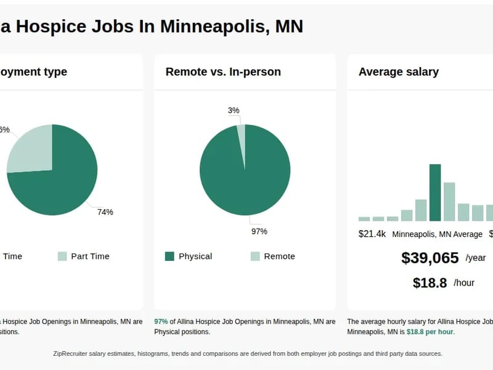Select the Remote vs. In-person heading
pyautogui.click(x=223, y=72)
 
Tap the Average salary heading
pyautogui.click(x=399, y=72)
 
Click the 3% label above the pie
pyautogui.click(x=234, y=110)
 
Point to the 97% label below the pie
pyautogui.click(x=259, y=231)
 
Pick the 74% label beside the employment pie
pyautogui.click(x=105, y=212)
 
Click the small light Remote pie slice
pyautogui.click(x=242, y=142)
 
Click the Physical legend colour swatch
pyautogui.click(x=169, y=257)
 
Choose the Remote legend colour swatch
pyautogui.click(x=255, y=257)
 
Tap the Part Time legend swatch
pyautogui.click(x=62, y=257)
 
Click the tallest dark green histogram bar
pyautogui.click(x=435, y=192)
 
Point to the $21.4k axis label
pyautogui.click(x=372, y=234)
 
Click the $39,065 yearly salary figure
pyautogui.click(x=430, y=258)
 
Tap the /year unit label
pyautogui.click(x=475, y=258)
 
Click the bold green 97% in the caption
pyautogui.click(x=161, y=321)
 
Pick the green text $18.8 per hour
pyautogui.click(x=430, y=332)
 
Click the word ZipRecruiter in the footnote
pyautogui.click(x=74, y=353)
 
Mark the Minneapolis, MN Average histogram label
pyautogui.click(x=437, y=234)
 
